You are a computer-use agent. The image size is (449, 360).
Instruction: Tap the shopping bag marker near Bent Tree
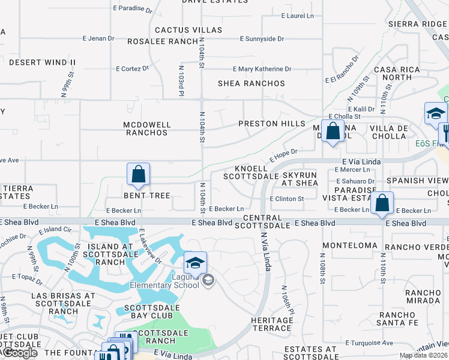(139, 175)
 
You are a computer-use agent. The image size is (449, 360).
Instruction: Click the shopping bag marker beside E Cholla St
(333, 131)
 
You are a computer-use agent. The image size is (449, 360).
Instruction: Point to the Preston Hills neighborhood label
(272, 124)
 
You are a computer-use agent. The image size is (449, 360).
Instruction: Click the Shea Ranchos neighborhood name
(251, 83)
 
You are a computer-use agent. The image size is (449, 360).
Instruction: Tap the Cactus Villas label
(188, 30)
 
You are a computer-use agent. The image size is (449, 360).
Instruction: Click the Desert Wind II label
(42, 62)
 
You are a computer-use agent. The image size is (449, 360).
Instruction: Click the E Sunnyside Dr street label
(262, 38)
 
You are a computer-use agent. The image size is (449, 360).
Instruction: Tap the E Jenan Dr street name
(98, 38)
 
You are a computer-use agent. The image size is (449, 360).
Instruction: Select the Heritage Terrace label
(272, 324)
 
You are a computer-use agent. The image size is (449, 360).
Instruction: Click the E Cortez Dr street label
(132, 68)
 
